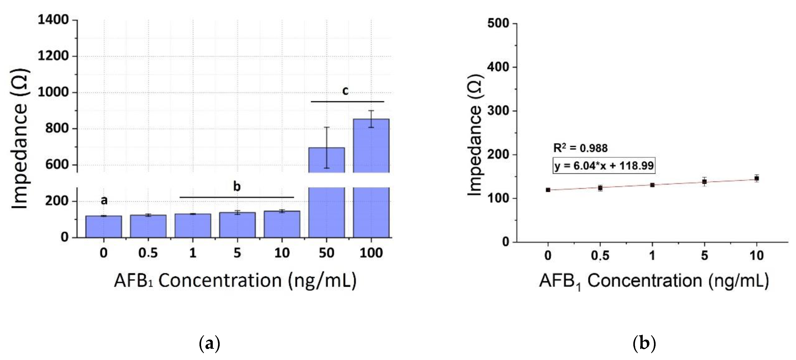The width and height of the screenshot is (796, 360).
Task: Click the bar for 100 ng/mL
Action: coord(371,186)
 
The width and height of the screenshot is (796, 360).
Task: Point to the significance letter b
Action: coord(237,186)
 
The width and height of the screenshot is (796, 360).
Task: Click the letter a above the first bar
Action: coord(104,200)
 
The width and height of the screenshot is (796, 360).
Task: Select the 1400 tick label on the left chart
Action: coord(53,20)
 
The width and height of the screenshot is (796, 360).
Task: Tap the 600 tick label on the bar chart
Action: coord(57,165)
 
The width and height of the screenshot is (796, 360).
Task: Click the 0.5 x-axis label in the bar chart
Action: coord(148,253)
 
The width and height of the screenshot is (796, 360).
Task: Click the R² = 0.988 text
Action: coord(580,148)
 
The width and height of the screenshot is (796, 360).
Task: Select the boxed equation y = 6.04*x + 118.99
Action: coord(604,166)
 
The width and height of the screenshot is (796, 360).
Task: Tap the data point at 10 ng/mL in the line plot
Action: coord(756,178)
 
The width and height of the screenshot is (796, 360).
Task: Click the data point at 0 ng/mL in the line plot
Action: coord(548,190)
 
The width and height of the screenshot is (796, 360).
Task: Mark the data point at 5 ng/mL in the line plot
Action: coord(704,182)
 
